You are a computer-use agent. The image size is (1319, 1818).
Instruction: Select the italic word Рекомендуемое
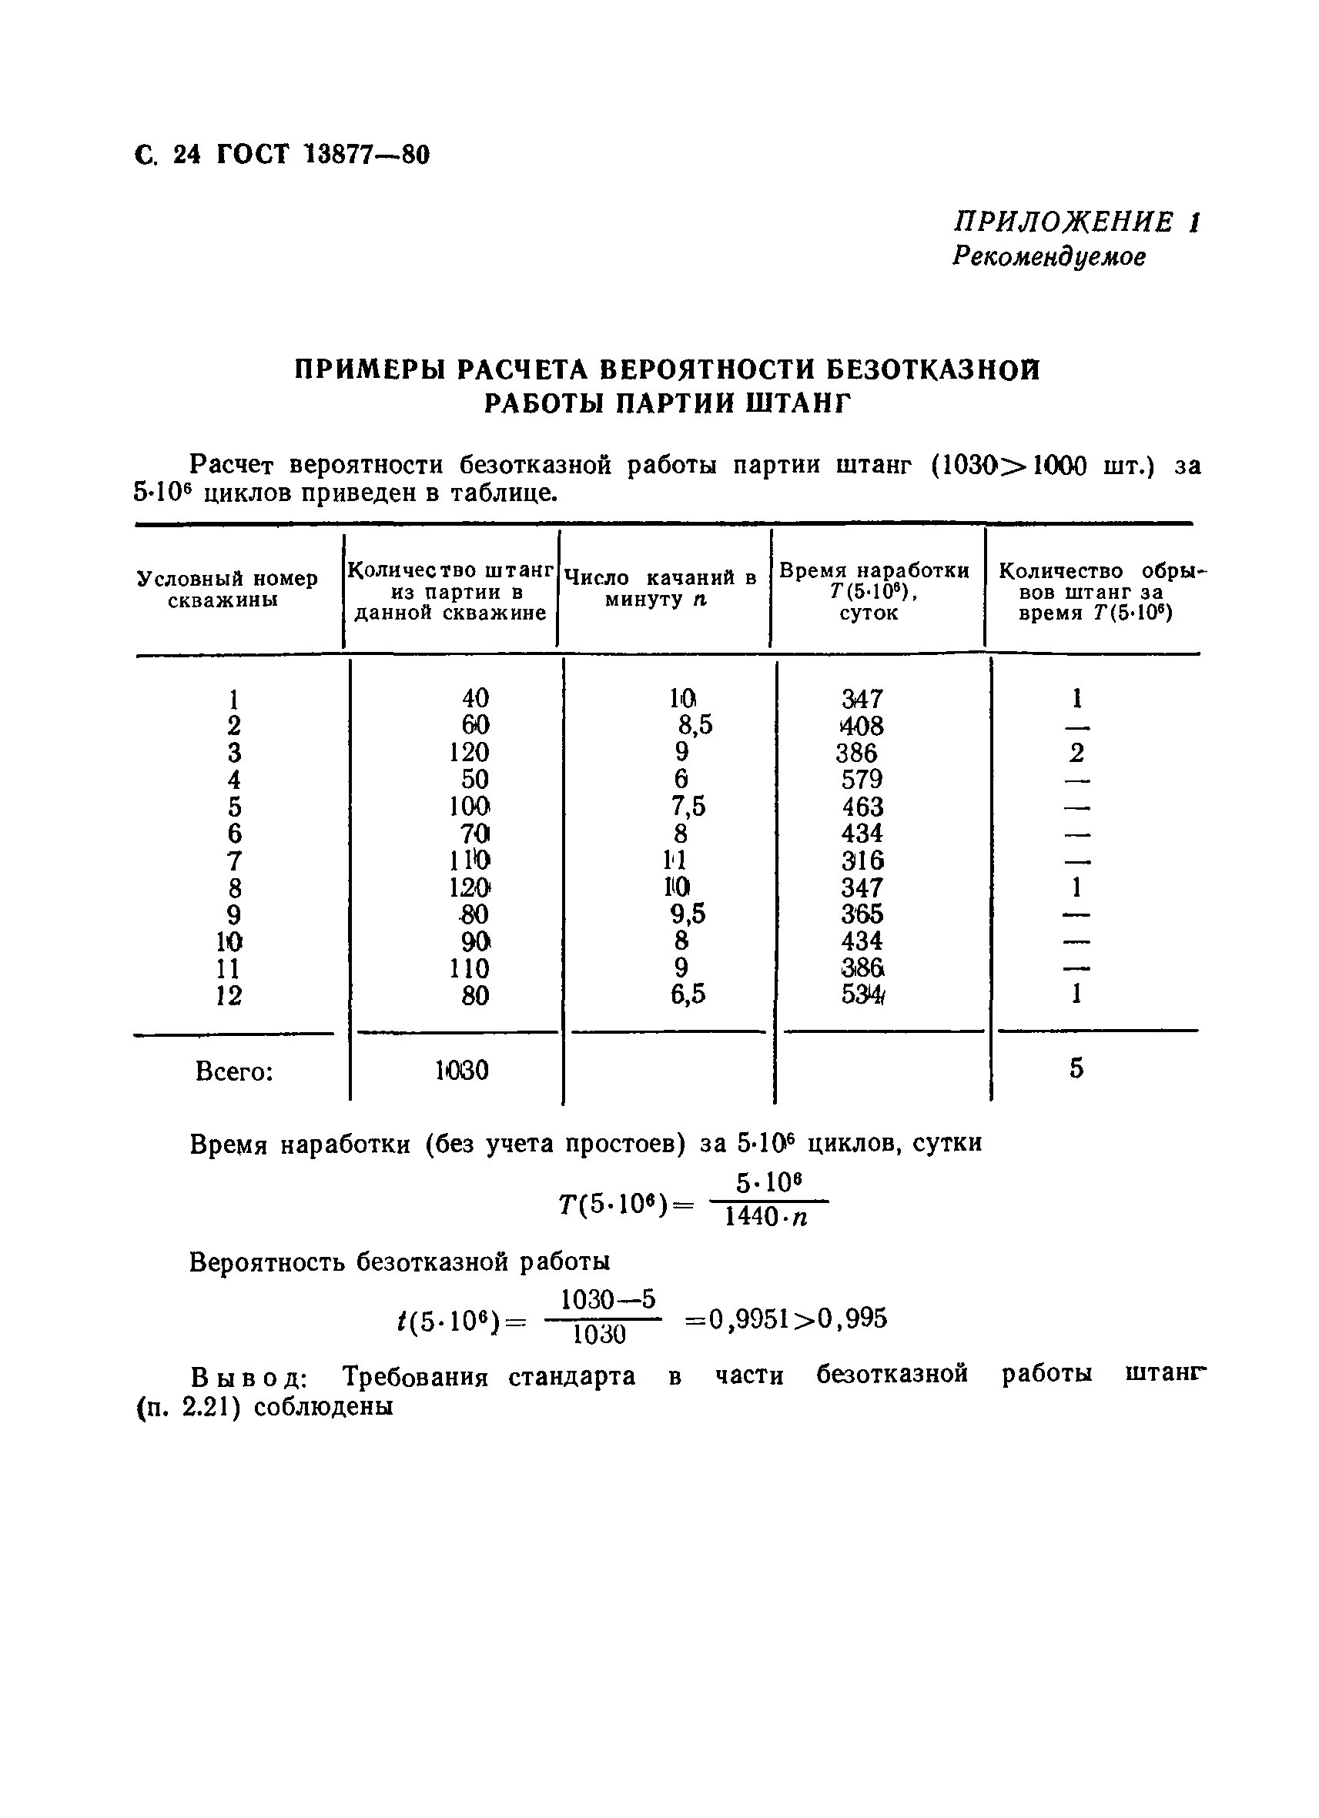[1049, 256]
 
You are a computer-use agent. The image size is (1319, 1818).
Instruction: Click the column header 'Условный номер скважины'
[227, 589]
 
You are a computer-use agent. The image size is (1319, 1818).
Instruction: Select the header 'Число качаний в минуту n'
[660, 588]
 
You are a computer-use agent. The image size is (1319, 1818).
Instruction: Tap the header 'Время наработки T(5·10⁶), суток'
[873, 592]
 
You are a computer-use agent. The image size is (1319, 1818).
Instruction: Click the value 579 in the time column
[862, 779]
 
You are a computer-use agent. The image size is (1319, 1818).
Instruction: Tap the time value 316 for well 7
[862, 861]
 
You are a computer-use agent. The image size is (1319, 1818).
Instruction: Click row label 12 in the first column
[229, 995]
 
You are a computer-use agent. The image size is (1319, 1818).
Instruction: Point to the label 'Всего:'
[234, 1071]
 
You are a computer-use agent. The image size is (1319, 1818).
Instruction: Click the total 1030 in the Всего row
[462, 1071]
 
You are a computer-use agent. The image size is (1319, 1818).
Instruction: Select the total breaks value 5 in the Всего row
[1076, 1068]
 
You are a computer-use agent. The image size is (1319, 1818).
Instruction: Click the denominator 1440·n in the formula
[765, 1218]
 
